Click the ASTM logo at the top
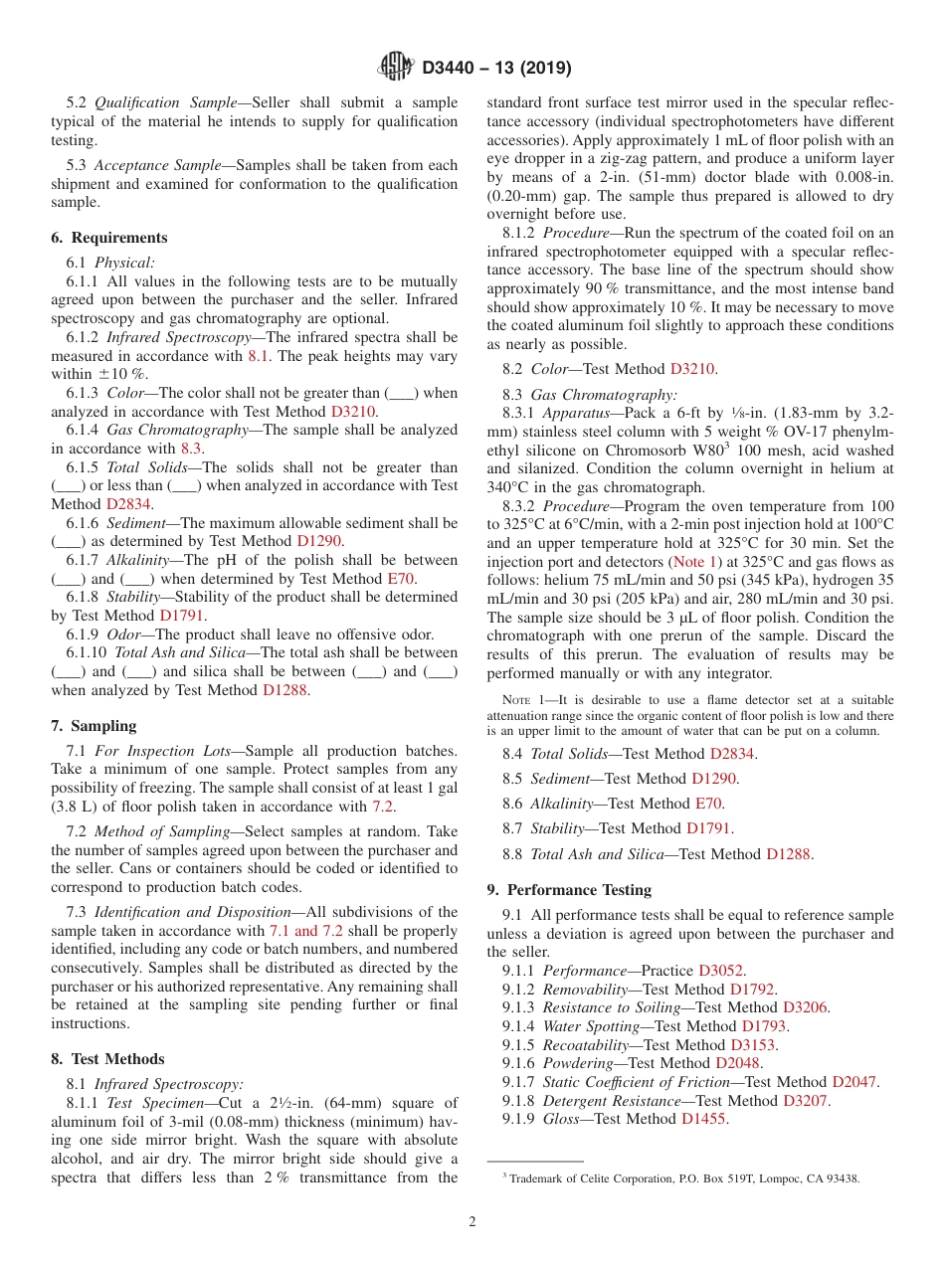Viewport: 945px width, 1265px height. [x=396, y=68]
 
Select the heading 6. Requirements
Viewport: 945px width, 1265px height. [x=109, y=238]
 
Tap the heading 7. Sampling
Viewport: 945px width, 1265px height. [x=94, y=726]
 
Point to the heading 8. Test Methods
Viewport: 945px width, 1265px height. [x=107, y=1059]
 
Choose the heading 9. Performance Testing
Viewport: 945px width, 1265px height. [x=569, y=890]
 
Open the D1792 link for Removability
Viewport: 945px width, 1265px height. [x=752, y=990]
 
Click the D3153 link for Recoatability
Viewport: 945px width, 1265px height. [x=753, y=1045]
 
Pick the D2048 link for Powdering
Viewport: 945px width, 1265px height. [x=737, y=1063]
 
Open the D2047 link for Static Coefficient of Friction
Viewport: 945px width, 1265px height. [x=854, y=1082]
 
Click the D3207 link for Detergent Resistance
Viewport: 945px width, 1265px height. [x=806, y=1101]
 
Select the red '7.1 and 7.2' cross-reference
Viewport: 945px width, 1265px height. [x=306, y=931]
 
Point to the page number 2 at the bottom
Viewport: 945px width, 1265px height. [x=472, y=1222]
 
